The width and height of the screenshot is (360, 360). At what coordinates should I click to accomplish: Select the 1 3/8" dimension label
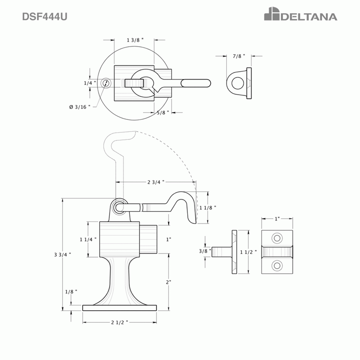pyautogui.click(x=135, y=40)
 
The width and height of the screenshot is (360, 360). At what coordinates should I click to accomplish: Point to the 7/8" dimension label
pyautogui.click(x=239, y=56)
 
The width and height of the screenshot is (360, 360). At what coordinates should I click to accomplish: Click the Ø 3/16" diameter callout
pyautogui.click(x=80, y=107)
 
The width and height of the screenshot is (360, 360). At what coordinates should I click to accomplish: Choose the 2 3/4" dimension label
pyautogui.click(x=155, y=182)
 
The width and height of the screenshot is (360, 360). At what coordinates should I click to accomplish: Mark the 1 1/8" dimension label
pyautogui.click(x=208, y=207)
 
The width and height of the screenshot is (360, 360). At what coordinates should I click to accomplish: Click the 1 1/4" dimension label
pyautogui.click(x=88, y=239)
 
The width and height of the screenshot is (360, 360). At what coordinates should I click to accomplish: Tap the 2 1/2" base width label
pyautogui.click(x=119, y=322)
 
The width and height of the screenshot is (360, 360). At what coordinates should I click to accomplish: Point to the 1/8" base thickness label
pyautogui.click(x=71, y=291)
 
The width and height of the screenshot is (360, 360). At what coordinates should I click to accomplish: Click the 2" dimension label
pyautogui.click(x=168, y=282)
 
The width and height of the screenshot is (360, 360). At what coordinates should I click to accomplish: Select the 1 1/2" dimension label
pyautogui.click(x=249, y=252)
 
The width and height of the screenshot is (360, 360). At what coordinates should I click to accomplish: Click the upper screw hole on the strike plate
pyautogui.click(x=277, y=238)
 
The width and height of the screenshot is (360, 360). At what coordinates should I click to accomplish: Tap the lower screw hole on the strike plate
pyautogui.click(x=277, y=265)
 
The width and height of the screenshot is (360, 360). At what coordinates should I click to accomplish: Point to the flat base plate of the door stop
pyautogui.click(x=119, y=308)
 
